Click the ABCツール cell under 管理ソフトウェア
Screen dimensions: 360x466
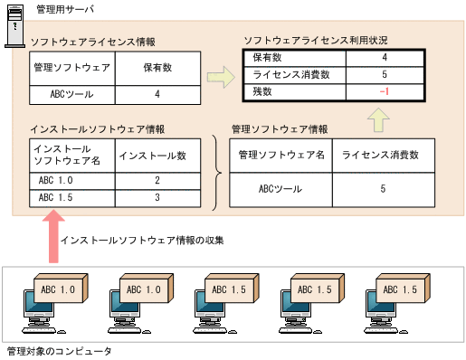point(71,93)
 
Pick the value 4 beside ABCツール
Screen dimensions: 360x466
point(157,93)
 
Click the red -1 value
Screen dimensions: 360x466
point(385,91)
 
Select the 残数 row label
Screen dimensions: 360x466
point(263,91)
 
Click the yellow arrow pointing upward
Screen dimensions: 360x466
point(380,118)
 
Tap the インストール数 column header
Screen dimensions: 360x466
point(153,156)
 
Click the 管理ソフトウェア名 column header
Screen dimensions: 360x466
point(281,156)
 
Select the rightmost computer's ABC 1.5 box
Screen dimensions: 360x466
point(397,289)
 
